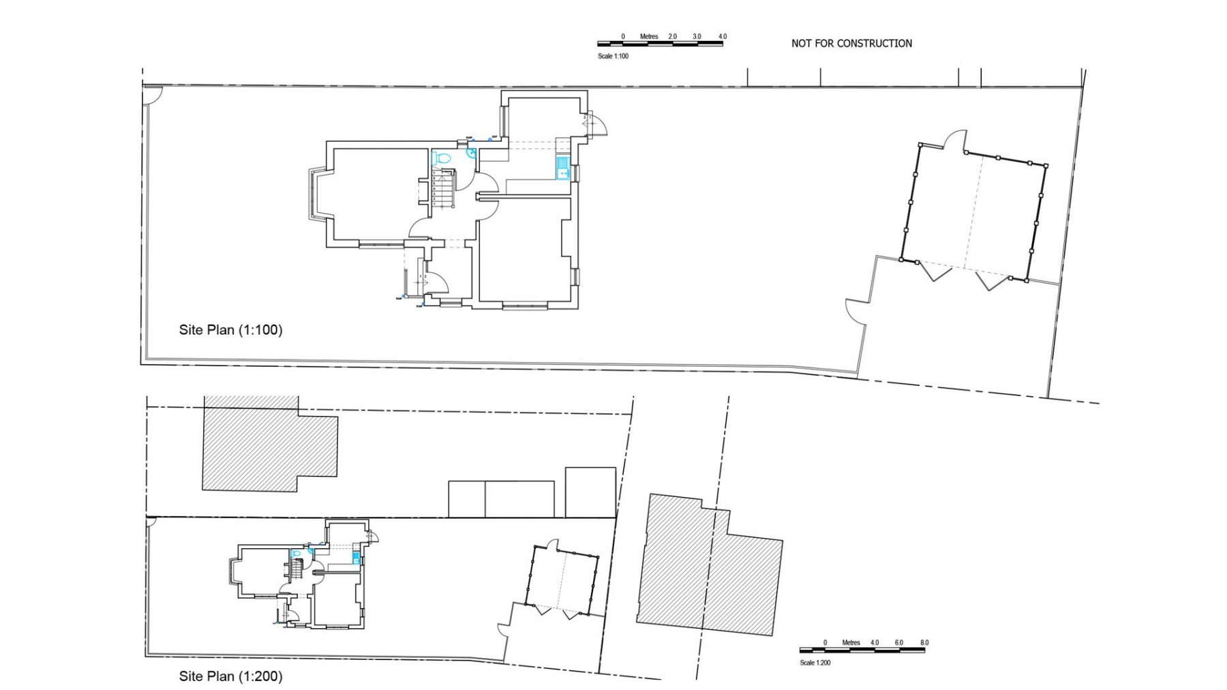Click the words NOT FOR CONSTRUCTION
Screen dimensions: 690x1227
pos(851,44)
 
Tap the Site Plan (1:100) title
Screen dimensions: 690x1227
pos(230,330)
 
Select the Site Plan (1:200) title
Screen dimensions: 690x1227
pos(230,676)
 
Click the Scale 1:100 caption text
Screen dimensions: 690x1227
pos(613,57)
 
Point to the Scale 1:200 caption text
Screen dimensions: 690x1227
pos(815,663)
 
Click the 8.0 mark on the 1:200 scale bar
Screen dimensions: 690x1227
pos(924,642)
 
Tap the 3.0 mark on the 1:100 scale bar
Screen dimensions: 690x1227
pos(697,36)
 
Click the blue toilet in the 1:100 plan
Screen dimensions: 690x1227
pos(442,159)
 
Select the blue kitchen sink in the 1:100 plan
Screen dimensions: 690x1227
pos(562,168)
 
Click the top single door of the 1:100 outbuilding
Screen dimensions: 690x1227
pos(954,139)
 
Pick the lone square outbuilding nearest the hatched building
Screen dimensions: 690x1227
pos(590,492)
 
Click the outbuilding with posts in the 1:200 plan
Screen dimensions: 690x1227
pos(563,580)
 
